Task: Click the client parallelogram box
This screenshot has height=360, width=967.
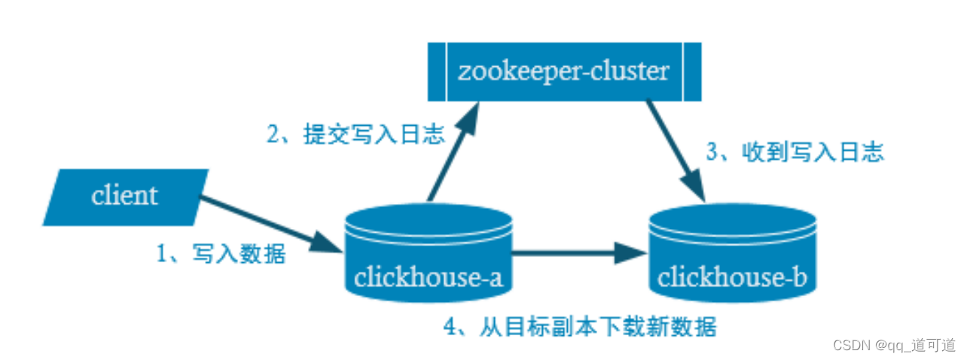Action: coord(125,197)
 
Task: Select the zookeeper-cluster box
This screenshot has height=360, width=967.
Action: coord(564,72)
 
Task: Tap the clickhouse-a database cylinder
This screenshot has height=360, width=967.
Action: coord(428,256)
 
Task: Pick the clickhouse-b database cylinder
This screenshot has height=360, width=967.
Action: coord(733,256)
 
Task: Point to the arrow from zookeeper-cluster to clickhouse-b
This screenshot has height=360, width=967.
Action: coord(674,150)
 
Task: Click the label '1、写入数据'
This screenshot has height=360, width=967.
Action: coord(221,254)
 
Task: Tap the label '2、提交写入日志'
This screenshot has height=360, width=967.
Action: coord(356,134)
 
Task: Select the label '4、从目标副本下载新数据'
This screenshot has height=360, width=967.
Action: coord(579,327)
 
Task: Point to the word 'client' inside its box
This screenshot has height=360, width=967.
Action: coord(125,197)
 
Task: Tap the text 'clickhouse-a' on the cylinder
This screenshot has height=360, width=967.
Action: coord(428,278)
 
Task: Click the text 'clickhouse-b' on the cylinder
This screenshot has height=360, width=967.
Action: coord(733,278)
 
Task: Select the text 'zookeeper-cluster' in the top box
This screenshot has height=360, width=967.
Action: coord(564,72)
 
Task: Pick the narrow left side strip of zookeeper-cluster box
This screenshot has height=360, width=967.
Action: coord(437,72)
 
